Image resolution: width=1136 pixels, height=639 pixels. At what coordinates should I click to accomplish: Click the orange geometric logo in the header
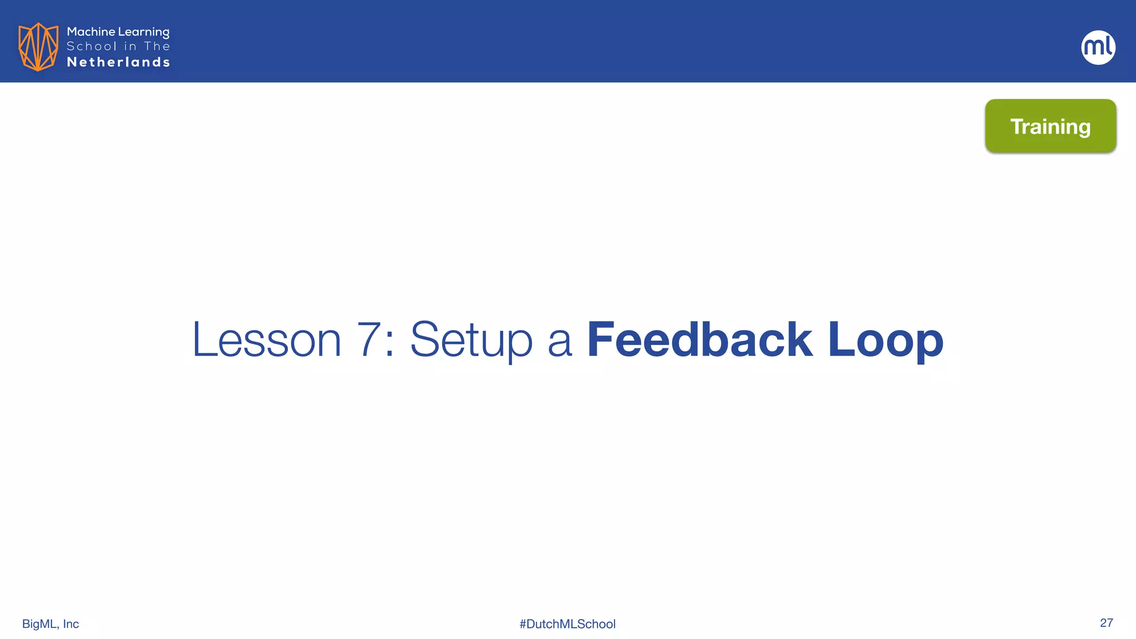pos(38,47)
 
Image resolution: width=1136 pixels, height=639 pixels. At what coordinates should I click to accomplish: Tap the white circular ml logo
pos(1098,47)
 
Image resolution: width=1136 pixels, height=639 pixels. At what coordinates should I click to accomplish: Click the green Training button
pos(1051,126)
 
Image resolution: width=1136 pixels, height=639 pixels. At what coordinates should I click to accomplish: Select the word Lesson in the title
pos(266,339)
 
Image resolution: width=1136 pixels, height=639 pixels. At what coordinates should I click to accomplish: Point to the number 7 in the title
pos(369,339)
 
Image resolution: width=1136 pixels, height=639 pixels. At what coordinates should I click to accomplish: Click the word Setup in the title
pos(471,339)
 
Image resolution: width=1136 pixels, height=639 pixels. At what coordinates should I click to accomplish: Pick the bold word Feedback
pos(699,339)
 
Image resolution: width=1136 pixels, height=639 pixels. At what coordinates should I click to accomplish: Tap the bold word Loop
pos(885,339)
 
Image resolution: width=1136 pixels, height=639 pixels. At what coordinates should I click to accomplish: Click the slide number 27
pos(1106,623)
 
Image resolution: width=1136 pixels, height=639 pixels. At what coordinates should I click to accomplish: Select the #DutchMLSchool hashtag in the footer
pos(567,624)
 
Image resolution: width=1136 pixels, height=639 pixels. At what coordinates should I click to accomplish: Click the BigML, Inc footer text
pos(50,624)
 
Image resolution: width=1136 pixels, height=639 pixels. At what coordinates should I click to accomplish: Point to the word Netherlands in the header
pos(118,62)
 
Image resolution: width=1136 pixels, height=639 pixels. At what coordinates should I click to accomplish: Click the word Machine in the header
pos(90,32)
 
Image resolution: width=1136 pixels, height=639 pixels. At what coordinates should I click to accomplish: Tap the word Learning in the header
pos(144,32)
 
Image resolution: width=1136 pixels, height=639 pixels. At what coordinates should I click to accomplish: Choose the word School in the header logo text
pos(92,47)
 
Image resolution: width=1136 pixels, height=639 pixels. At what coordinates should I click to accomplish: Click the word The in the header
pos(157,47)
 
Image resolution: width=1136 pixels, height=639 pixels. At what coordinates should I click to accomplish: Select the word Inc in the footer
pos(71,624)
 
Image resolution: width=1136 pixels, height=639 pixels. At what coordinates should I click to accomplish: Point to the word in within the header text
pos(130,47)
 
